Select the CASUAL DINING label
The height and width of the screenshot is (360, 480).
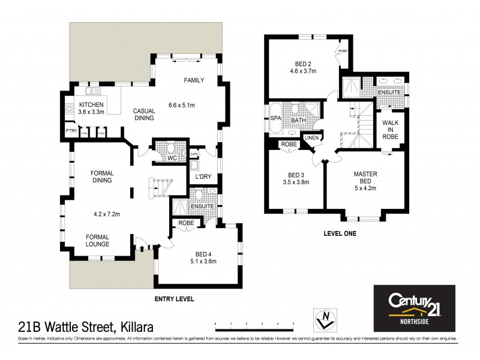click(145, 115)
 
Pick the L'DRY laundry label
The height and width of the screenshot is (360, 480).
click(199, 178)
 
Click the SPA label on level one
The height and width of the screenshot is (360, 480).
click(276, 118)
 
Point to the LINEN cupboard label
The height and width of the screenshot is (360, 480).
click(311, 138)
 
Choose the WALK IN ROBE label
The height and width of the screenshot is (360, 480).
click(391, 127)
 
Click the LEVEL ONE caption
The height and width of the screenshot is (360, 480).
click(340, 233)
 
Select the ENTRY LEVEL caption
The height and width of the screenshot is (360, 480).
click(173, 298)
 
